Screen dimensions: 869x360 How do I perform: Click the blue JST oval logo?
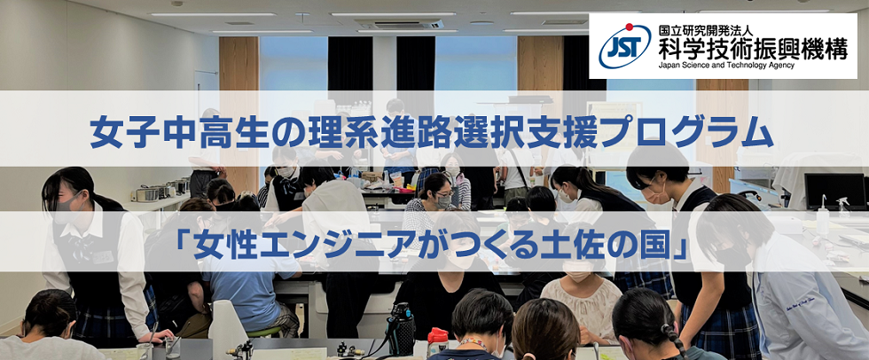(x=624, y=46)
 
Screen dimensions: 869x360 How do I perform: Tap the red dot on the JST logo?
(x=629, y=27)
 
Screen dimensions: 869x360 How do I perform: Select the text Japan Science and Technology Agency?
(x=726, y=66)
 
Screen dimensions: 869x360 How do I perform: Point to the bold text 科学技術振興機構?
(x=753, y=50)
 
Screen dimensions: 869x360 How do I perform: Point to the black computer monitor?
(x=835, y=191)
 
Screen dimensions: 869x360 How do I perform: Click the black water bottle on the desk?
(x=401, y=328)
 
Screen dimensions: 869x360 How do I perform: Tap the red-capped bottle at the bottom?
(x=437, y=341)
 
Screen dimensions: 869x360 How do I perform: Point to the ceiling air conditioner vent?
(x=399, y=24)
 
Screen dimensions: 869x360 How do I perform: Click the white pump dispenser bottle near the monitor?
(x=823, y=216)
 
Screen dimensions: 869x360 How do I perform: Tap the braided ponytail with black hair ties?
(x=672, y=339)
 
